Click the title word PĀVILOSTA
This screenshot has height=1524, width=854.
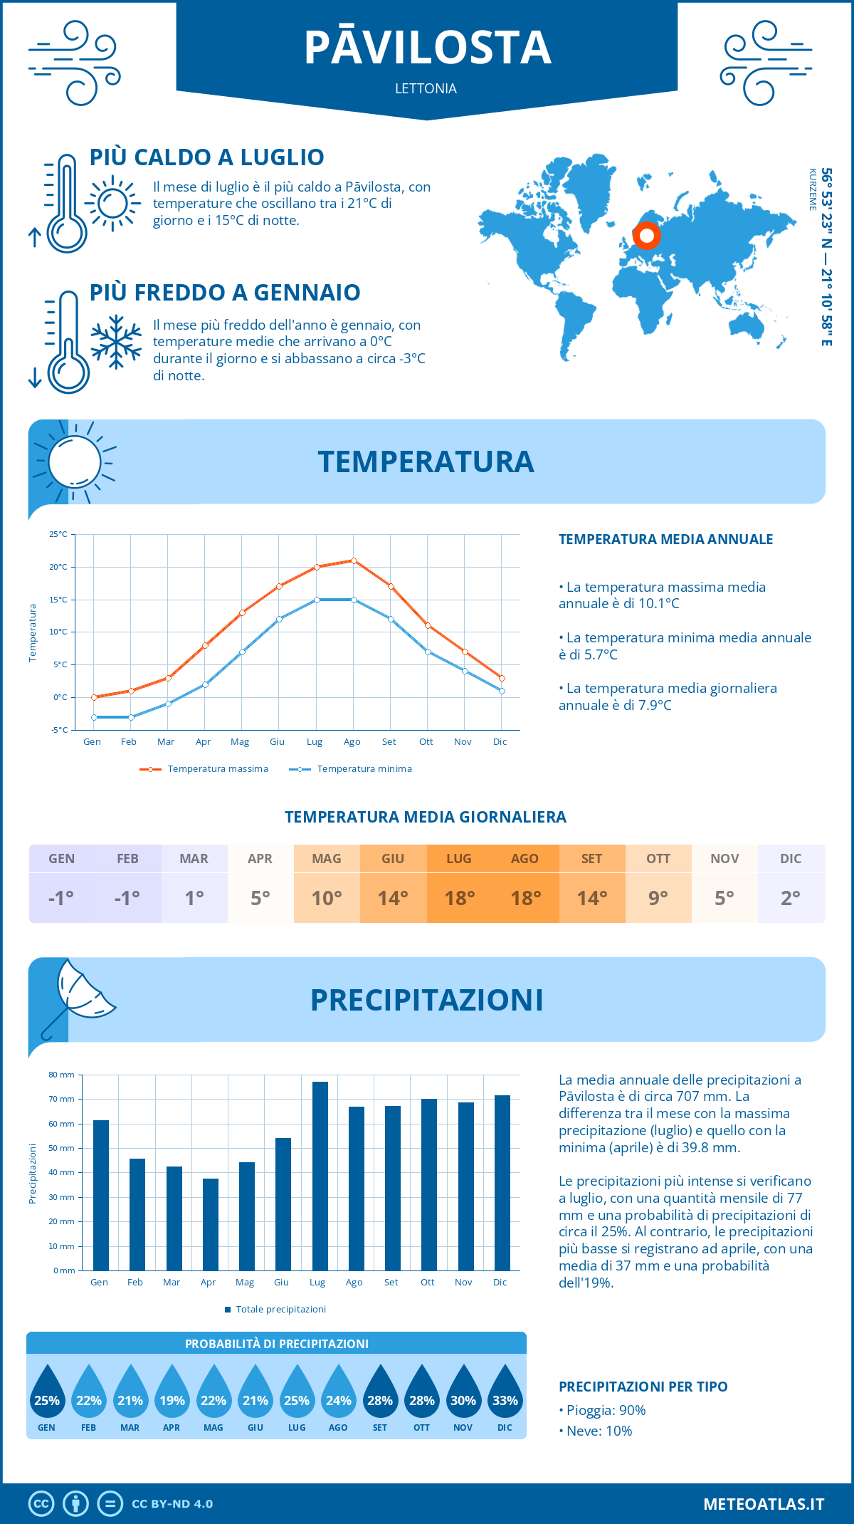pos(427,48)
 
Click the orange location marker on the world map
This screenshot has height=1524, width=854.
pos(646,236)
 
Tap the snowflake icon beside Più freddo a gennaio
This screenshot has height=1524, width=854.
pos(116,342)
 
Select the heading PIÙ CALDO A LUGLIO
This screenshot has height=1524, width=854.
pos(206,157)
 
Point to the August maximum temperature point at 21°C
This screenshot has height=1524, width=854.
pos(354,560)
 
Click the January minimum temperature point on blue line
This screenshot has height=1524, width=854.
pos(94,717)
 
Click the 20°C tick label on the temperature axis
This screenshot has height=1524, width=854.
pos(58,567)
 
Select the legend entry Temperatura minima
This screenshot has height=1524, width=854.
pos(364,769)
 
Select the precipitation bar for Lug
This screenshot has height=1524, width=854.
pos(320,1175)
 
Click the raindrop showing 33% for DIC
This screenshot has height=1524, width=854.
pos(505,1392)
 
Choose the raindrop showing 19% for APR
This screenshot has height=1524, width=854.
pos(172,1392)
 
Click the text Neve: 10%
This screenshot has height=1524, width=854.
pos(599,1431)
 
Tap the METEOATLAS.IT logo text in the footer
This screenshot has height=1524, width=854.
pos(764,1503)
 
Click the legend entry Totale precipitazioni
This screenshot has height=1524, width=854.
pos(280,1310)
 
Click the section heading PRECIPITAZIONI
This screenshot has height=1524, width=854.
pos(426,1000)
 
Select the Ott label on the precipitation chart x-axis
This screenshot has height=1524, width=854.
pos(427,1282)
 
